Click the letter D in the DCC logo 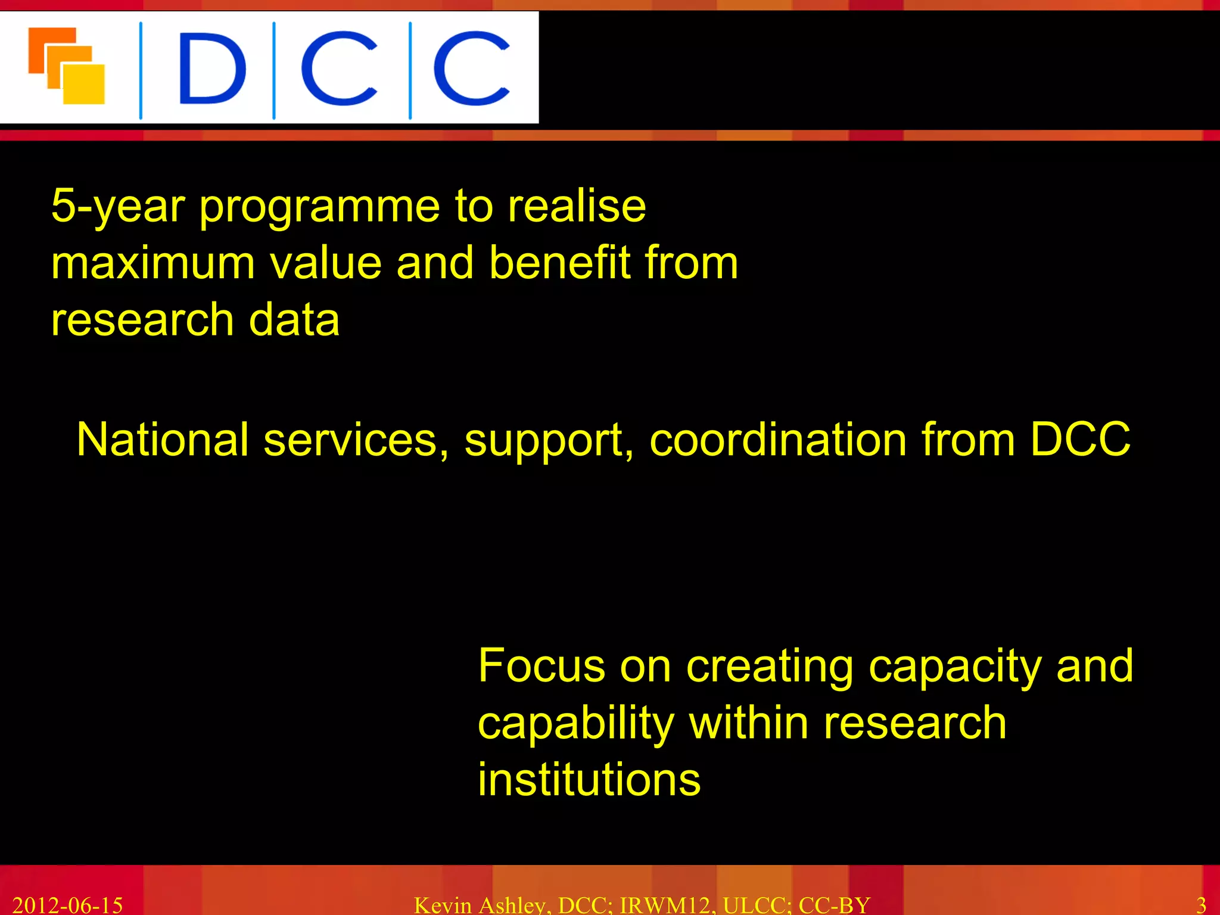[211, 69]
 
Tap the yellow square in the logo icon [85, 85]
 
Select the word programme [319, 207]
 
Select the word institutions [589, 780]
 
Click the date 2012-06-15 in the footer [67, 905]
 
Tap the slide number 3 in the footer [1201, 905]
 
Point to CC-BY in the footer [834, 905]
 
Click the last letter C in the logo [471, 69]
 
